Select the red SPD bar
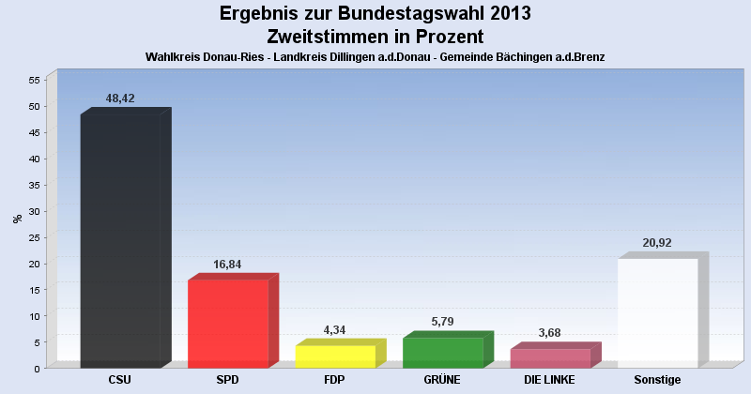pos(228,323)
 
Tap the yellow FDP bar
pos(335,356)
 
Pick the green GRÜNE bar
pos(442,352)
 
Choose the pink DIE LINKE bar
pos(550,357)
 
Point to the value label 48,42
pos(120,97)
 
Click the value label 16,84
pos(228,264)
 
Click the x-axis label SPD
pos(227,380)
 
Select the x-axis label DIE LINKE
pos(550,380)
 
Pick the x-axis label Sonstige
pos(657,380)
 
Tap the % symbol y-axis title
pos(17,219)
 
